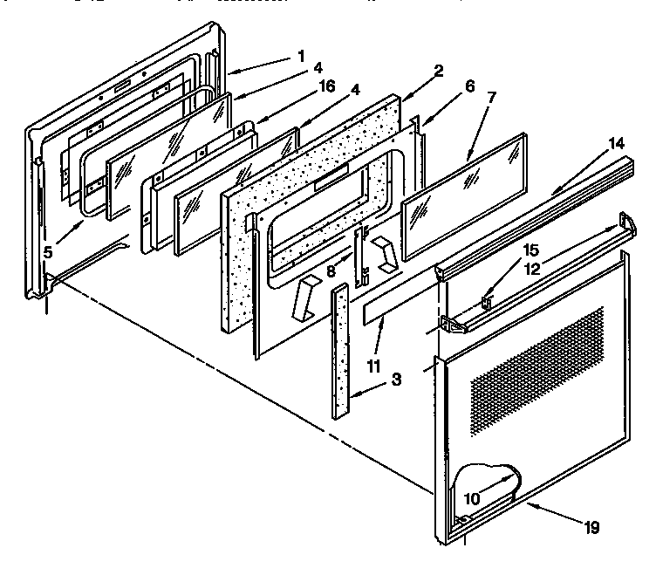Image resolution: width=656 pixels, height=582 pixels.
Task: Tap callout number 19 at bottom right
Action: coord(592,527)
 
